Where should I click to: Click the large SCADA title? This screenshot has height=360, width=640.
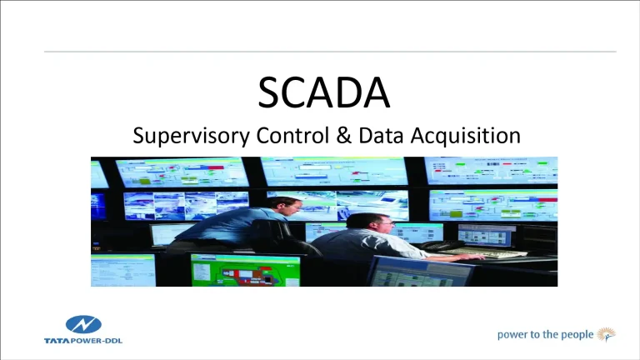tap(324, 92)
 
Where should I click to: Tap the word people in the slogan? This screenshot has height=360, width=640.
tap(574, 335)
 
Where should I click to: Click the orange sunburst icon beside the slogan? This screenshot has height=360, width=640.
tap(608, 334)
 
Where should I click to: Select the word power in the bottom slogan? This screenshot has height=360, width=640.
tap(515, 335)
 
